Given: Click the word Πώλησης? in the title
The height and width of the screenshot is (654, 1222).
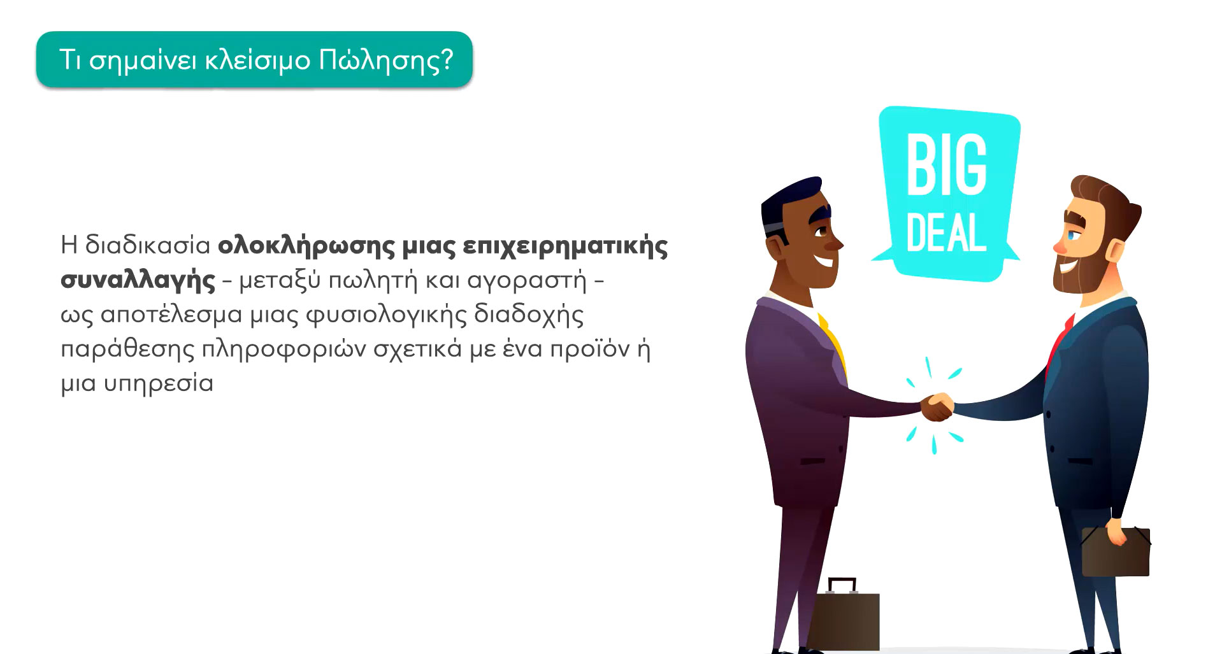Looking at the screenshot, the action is [x=386, y=61].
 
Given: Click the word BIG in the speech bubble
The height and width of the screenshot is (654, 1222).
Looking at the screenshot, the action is [x=947, y=166].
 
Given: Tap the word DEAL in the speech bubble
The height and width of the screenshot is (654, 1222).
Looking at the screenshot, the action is [x=947, y=233].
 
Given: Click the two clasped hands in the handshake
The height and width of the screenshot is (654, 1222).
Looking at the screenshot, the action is [x=937, y=407].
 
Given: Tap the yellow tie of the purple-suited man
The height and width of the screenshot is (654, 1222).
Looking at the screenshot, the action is [x=834, y=345].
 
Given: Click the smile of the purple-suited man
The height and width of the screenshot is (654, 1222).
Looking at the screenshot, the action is [x=824, y=261].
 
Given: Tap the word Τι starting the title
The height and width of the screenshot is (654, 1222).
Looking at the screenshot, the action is [x=70, y=60].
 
